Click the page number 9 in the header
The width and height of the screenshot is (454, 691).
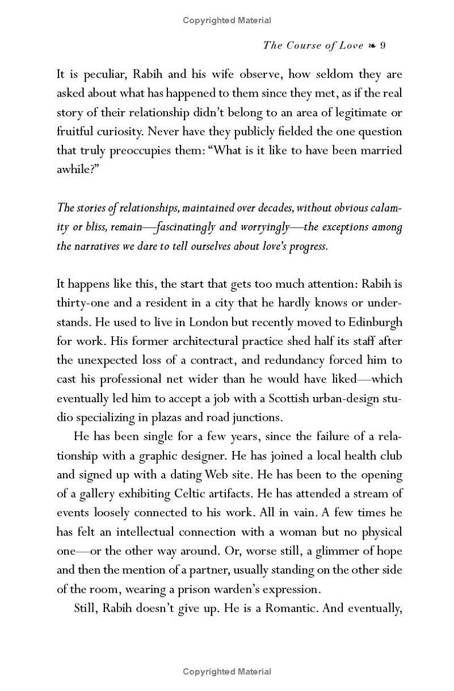pos(383,45)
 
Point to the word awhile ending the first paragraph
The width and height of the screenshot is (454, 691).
pos(78,170)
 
